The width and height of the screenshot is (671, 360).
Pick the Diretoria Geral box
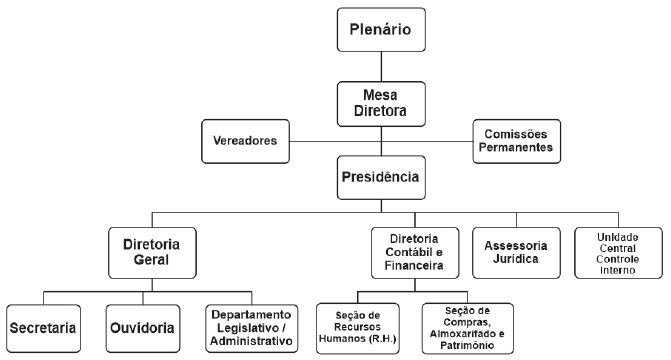151,254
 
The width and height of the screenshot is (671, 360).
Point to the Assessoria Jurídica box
517,254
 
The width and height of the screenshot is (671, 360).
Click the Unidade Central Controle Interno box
618,254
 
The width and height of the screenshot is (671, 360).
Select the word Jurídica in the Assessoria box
517,263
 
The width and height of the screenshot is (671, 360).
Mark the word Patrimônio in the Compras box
467,346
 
